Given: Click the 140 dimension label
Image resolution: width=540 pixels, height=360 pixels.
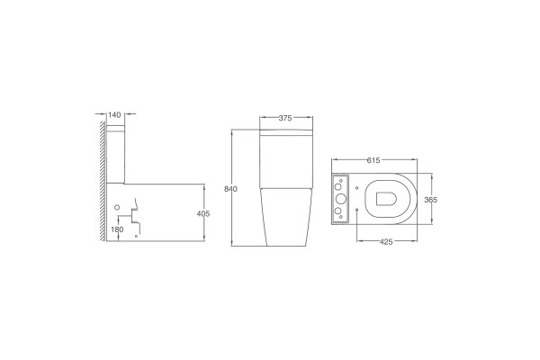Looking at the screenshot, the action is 114,114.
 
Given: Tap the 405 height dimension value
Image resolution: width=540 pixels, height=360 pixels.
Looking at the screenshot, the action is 203,213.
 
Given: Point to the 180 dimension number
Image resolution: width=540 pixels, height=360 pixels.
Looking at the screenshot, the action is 117,229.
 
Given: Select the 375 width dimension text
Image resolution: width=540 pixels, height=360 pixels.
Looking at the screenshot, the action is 285,118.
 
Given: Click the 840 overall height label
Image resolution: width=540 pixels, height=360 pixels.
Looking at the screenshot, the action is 230,189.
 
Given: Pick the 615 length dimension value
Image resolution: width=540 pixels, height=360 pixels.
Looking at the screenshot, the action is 373,160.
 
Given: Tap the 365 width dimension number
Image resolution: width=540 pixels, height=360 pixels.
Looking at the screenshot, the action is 430,200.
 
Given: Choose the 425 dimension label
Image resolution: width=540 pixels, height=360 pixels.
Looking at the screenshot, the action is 386,242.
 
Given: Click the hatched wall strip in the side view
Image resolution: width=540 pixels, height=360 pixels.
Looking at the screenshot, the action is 103,181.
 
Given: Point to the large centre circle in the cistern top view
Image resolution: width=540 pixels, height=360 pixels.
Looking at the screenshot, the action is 340,199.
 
